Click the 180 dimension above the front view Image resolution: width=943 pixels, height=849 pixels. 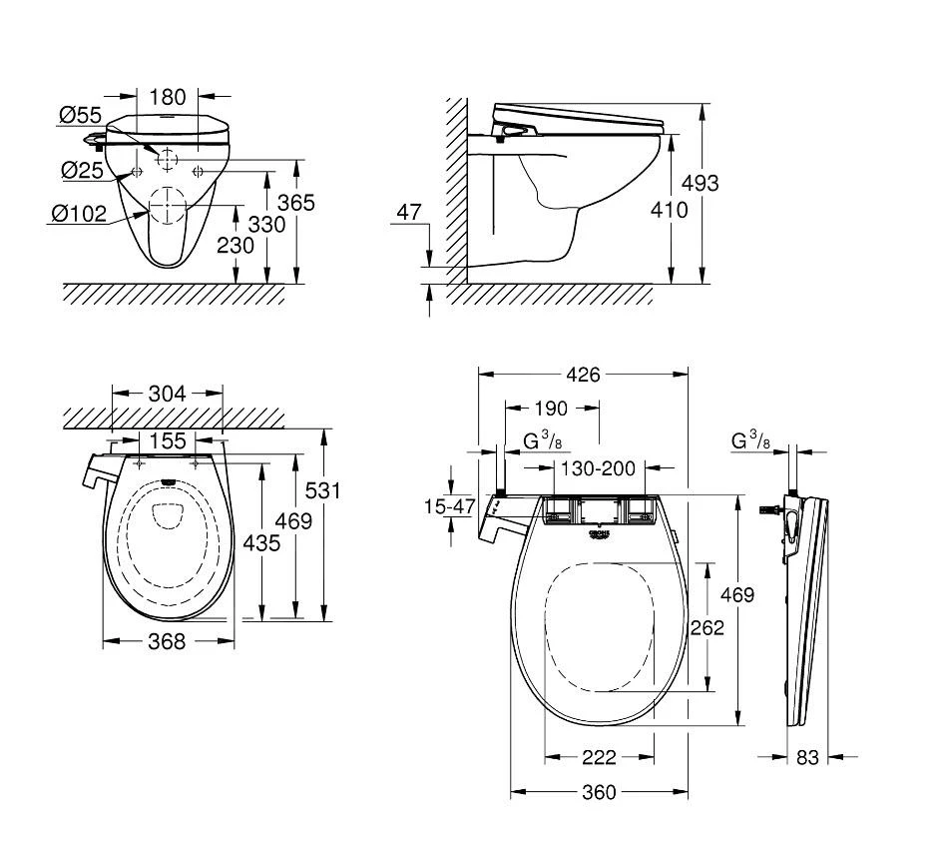coord(168,97)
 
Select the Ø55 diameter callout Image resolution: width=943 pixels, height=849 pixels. coord(80,117)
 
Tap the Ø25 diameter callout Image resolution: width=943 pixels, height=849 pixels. coord(82,170)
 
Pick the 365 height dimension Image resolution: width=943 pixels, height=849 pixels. coord(295,203)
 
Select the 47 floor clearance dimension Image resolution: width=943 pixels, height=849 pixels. coord(409,212)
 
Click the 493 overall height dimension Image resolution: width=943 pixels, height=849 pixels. coord(699,183)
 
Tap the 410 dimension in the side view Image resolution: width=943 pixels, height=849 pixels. coord(668,210)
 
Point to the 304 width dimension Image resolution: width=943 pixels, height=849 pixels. coord(167,394)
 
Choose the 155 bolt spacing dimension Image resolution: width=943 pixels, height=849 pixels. coord(167,440)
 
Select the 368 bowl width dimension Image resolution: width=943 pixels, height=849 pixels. coord(167,641)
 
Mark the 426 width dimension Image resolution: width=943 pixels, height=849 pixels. coord(583,375)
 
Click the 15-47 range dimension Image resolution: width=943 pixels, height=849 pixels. coord(449,506)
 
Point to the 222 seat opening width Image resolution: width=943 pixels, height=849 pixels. coord(599,756)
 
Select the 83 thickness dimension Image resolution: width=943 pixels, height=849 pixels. coord(807,757)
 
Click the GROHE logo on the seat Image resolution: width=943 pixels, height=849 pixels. coord(600,535)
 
